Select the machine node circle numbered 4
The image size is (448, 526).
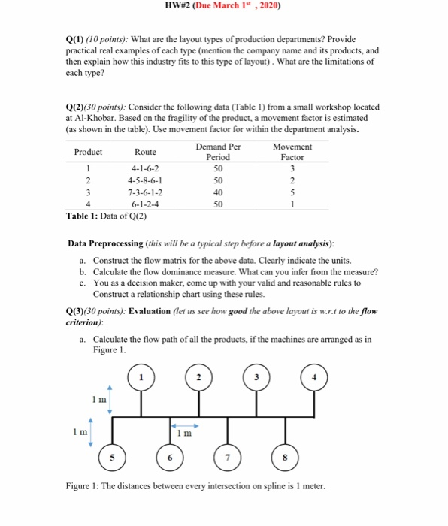314,377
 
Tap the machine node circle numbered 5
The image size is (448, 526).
114,457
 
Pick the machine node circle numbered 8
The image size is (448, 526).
286,457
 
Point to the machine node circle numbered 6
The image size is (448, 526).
171,457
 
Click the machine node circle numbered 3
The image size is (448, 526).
257,377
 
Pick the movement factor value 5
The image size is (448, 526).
292,192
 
